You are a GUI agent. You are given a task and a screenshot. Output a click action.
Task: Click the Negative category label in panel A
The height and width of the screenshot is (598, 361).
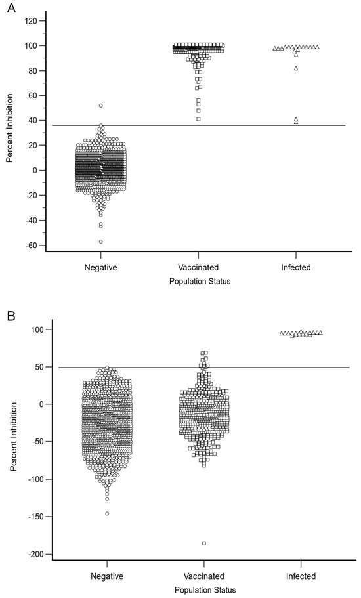[100, 268]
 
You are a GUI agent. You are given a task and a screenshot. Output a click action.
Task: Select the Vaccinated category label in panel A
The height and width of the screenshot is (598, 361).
[198, 268]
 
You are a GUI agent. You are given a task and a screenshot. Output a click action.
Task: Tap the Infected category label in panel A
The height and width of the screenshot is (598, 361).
[295, 268]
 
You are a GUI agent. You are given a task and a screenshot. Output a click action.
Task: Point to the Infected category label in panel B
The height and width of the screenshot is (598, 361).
[301, 576]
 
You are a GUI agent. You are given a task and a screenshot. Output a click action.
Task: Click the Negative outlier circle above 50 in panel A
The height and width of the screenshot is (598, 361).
[101, 105]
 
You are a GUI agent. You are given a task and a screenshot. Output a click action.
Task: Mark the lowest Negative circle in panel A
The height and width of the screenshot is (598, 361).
[101, 242]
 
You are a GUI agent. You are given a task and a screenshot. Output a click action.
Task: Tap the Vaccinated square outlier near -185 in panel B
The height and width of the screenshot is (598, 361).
[204, 543]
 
